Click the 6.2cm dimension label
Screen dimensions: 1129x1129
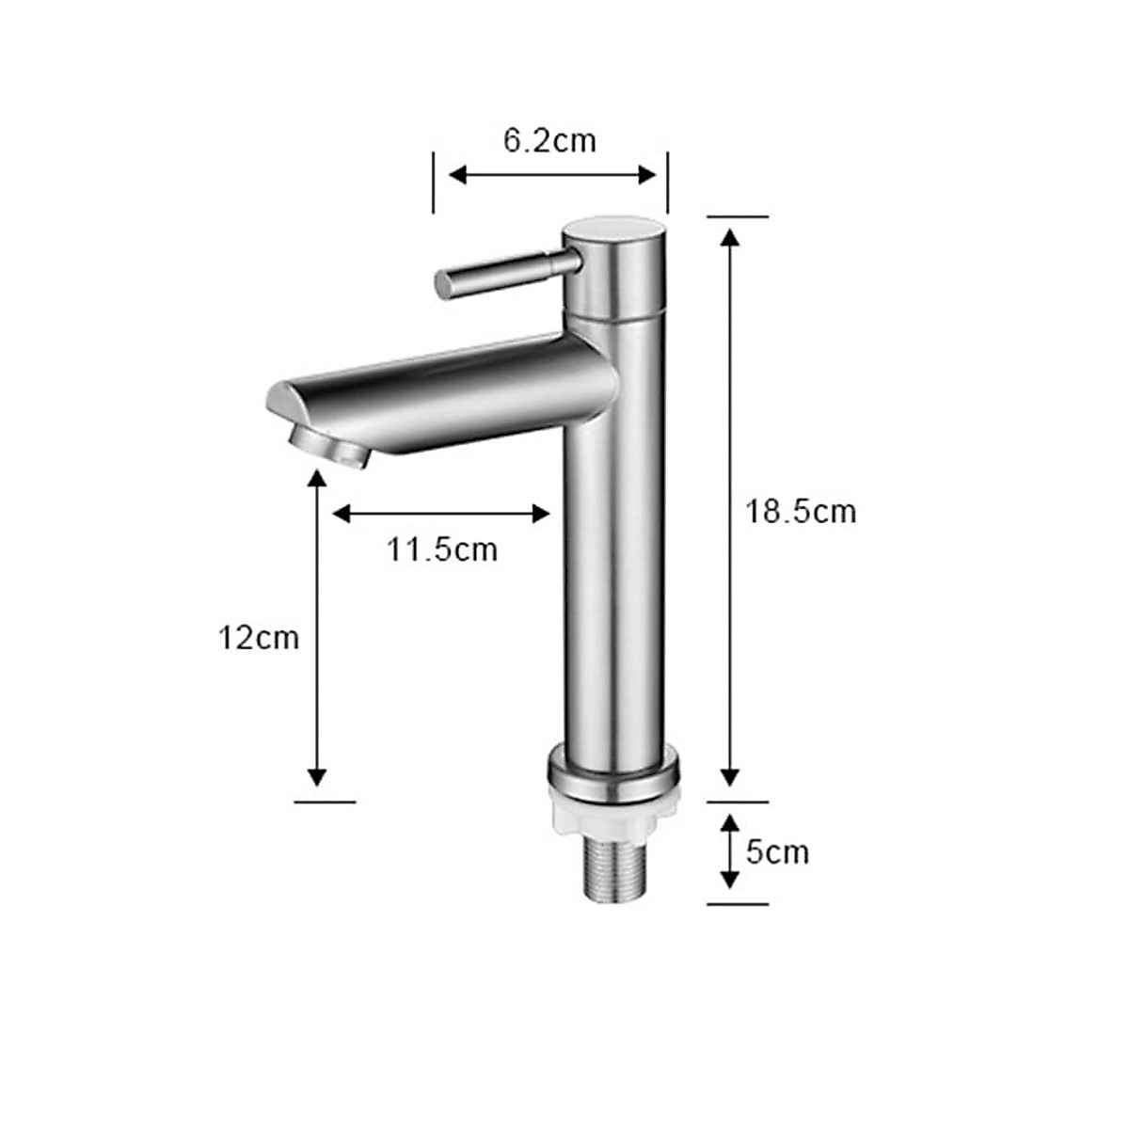point(549,140)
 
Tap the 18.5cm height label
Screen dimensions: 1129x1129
point(801,512)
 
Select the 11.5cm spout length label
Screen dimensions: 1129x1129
point(441,549)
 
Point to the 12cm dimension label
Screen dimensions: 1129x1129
point(259,638)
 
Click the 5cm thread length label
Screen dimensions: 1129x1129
point(777,852)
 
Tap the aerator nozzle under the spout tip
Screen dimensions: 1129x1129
point(329,445)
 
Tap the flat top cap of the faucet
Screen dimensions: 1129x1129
point(613,230)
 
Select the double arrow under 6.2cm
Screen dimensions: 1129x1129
point(551,174)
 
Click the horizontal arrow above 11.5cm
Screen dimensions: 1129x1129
point(441,513)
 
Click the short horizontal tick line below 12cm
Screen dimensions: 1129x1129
point(326,802)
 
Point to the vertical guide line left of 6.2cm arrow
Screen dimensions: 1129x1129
point(433,183)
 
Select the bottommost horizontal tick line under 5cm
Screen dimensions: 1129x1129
point(738,904)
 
